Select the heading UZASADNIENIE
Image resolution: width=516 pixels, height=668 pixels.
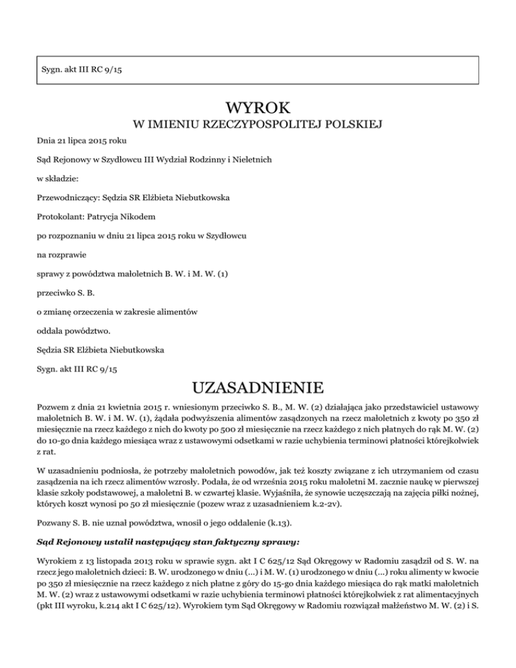click(x=258, y=388)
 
